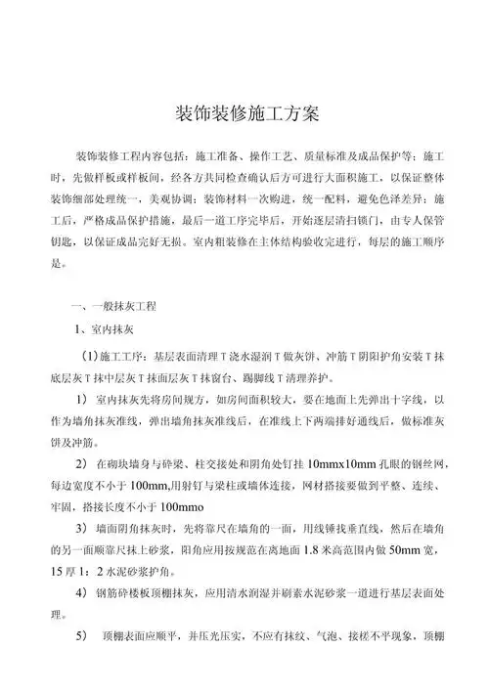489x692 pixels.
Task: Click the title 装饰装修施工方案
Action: [244, 113]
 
